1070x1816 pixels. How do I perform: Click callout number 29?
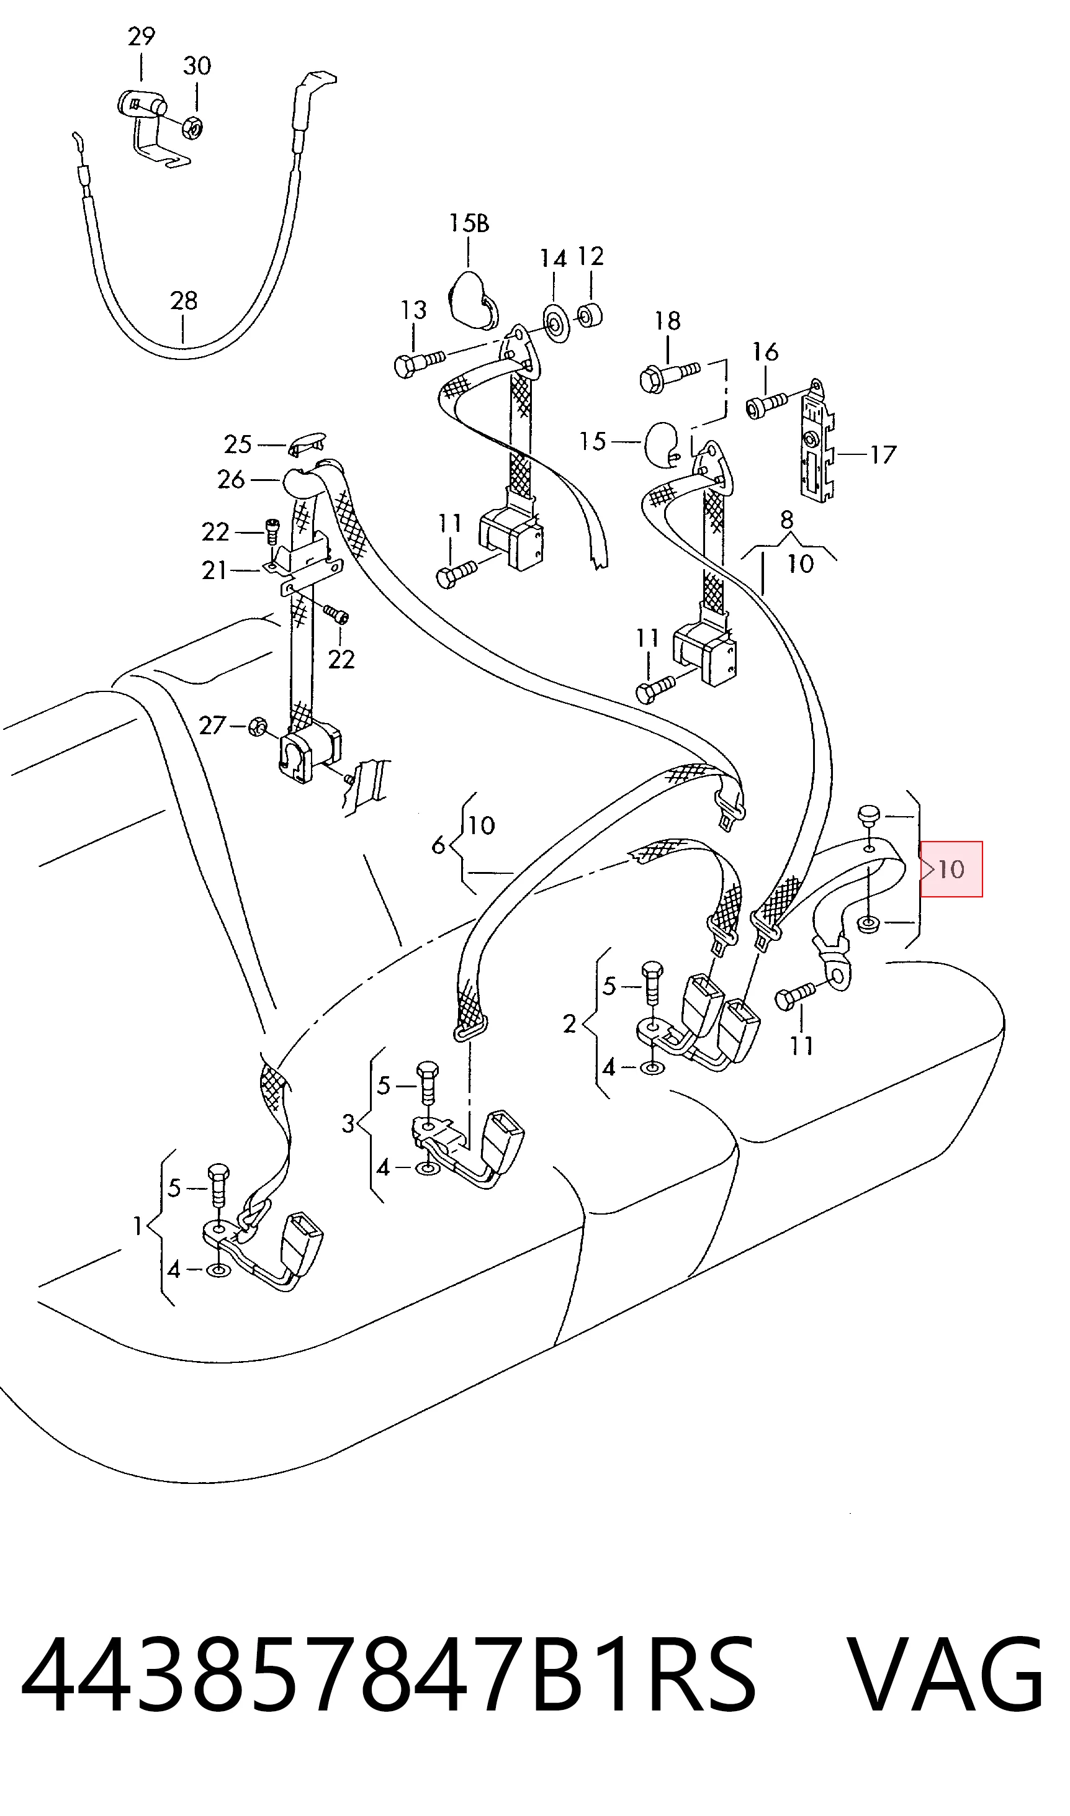142,36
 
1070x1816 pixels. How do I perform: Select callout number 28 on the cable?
184,300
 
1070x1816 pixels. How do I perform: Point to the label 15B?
469,223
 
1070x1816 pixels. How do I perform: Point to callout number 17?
883,454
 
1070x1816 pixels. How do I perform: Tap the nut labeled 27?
256,727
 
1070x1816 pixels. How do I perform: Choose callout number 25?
237,444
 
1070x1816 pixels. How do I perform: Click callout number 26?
231,479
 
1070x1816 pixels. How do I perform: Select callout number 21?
214,570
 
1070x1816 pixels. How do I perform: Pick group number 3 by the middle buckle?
348,1123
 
